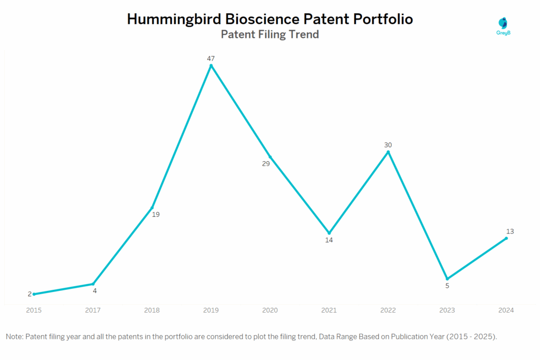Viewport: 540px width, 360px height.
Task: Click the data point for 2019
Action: coord(211,65)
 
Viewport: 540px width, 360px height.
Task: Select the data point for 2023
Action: coord(447,279)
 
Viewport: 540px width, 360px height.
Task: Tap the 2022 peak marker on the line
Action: coord(388,152)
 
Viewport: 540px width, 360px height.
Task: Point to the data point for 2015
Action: coord(34,294)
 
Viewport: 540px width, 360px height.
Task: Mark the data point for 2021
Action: coord(329,233)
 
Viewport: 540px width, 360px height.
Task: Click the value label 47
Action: coord(211,58)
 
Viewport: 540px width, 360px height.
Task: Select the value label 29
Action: coord(266,164)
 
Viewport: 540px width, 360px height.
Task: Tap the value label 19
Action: coord(156,215)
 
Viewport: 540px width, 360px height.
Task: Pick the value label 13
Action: coord(510,231)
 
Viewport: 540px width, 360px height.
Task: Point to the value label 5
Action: coord(447,286)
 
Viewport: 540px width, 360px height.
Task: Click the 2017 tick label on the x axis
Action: coord(93,310)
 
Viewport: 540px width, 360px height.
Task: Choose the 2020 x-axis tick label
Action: coord(270,310)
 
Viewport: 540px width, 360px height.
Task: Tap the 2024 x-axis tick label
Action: coord(506,310)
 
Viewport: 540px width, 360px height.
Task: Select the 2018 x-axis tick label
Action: coord(152,310)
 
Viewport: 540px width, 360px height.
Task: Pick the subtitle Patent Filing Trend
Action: coord(269,35)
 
